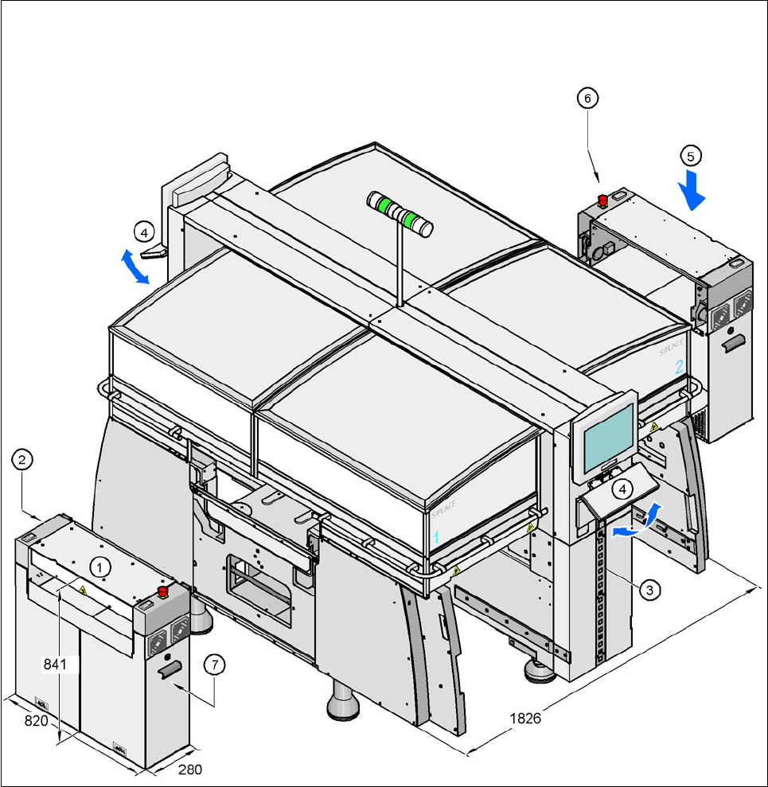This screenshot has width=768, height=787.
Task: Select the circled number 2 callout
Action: [x=22, y=459]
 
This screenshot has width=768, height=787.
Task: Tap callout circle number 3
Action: [x=650, y=590]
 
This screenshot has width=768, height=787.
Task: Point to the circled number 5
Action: [x=690, y=154]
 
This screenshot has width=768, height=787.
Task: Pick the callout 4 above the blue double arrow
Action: [x=143, y=232]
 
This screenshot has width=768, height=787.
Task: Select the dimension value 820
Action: [x=37, y=720]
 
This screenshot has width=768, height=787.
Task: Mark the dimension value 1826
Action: [x=525, y=718]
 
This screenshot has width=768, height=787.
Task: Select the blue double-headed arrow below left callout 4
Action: [x=135, y=267]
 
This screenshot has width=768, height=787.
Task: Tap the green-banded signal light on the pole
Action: [x=400, y=213]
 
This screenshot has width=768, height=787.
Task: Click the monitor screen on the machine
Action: [x=609, y=435]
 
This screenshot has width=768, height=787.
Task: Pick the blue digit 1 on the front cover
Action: [x=435, y=539]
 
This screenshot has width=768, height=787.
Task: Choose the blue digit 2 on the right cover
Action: [x=679, y=368]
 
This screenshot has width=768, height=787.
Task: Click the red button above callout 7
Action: [x=165, y=591]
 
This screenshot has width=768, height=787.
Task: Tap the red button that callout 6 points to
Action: [x=602, y=200]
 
